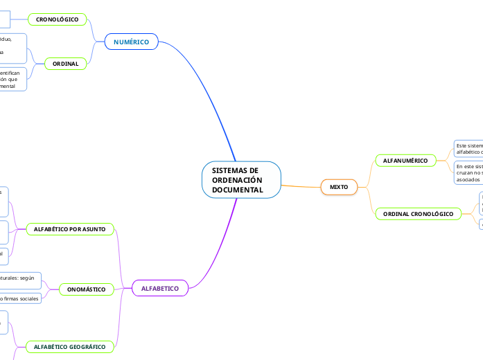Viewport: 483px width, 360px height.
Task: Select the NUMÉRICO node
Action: tap(131, 42)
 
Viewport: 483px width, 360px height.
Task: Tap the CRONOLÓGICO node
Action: tap(58, 19)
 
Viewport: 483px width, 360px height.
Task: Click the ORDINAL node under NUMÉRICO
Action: tap(65, 64)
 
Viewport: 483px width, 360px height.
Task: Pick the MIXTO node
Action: tap(339, 187)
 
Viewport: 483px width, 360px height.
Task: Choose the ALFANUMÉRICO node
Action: tap(405, 161)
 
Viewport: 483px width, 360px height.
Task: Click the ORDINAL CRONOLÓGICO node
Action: tap(418, 215)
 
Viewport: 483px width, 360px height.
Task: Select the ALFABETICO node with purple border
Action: tap(160, 288)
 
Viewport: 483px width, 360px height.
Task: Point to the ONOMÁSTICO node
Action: tap(87, 289)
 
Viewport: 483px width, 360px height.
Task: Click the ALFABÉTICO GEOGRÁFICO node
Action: tap(70, 346)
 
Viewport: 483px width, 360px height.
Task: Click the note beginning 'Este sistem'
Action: tap(468, 150)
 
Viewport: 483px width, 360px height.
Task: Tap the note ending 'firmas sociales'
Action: tap(20, 298)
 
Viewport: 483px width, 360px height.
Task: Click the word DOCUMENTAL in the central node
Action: tap(238, 190)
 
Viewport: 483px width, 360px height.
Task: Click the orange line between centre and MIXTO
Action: tap(301, 186)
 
